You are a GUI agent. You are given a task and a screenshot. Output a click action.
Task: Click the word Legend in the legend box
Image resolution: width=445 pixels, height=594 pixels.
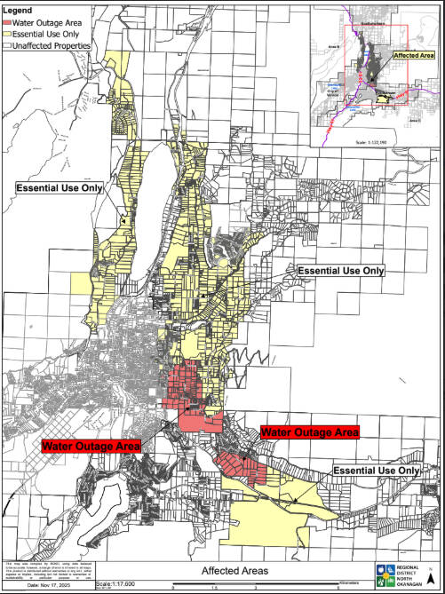click(x=20, y=7)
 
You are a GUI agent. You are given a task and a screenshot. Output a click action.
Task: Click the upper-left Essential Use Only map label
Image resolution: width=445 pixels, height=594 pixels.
click(x=60, y=188)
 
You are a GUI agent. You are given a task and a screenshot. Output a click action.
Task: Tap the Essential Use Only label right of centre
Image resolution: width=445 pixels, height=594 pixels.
click(x=340, y=269)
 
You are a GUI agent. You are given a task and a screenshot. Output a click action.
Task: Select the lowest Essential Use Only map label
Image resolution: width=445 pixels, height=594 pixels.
click(x=376, y=470)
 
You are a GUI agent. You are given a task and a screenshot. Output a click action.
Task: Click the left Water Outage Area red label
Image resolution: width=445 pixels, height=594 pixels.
click(x=91, y=444)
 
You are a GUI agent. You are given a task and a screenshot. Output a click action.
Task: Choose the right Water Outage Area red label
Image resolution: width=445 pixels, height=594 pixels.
click(x=310, y=432)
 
